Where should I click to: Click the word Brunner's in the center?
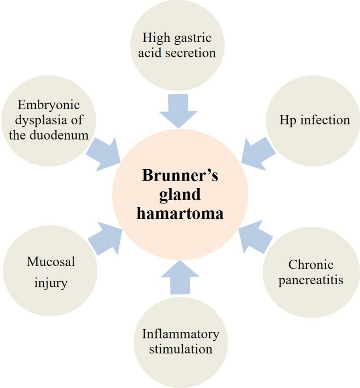(180, 177)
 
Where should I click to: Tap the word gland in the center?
(180, 196)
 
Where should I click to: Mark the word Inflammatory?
(180, 334)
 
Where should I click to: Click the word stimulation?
(180, 348)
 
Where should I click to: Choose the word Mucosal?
(51, 262)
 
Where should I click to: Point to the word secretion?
(194, 53)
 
